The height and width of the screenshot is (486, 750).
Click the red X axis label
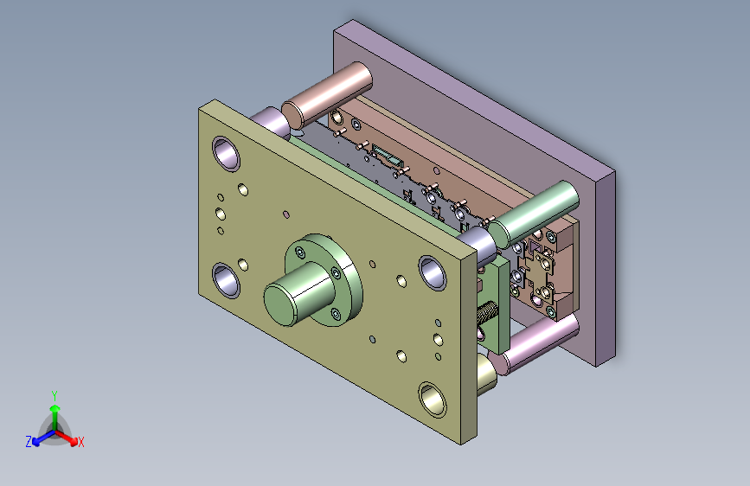pyautogui.click(x=80, y=442)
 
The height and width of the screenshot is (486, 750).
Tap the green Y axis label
pyautogui.click(x=54, y=396)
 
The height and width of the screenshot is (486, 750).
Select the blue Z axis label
pyautogui.click(x=29, y=442)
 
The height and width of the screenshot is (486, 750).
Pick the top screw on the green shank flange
pyautogui.click(x=300, y=253)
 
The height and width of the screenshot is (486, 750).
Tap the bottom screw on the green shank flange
pyautogui.click(x=336, y=314)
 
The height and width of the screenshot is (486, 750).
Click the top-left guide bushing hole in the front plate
pyautogui.click(x=226, y=154)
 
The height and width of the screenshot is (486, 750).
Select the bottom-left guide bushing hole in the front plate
pyautogui.click(x=226, y=280)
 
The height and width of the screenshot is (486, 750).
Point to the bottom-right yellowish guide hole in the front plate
pyautogui.click(x=433, y=399)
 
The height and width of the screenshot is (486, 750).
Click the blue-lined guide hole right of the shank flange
pyautogui.click(x=433, y=272)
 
